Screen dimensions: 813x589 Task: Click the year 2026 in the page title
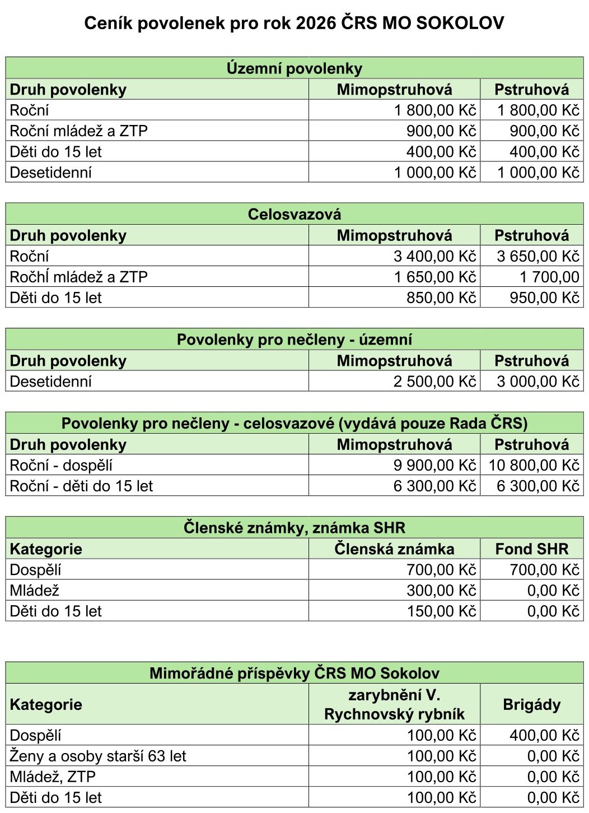[x=316, y=23]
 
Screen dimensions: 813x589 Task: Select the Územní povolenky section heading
[x=294, y=68]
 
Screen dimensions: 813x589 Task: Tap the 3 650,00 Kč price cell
[x=537, y=256]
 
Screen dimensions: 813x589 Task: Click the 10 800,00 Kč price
[x=534, y=465]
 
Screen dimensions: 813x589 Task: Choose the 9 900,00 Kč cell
[x=434, y=465]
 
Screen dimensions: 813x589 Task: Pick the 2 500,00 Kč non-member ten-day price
[x=434, y=382]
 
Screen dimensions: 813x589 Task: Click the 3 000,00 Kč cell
[x=537, y=382]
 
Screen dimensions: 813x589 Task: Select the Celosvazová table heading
[x=294, y=214]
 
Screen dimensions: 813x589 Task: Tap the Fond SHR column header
[x=531, y=549]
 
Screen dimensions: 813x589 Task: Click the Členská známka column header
[x=394, y=549]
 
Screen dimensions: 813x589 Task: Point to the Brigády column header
[x=531, y=704]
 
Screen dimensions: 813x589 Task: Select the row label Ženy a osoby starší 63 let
[x=98, y=756]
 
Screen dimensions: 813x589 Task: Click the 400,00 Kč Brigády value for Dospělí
[x=544, y=735]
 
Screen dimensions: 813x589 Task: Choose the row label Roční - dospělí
[x=61, y=465]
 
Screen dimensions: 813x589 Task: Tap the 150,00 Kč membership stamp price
[x=441, y=611]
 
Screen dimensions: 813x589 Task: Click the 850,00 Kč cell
[x=441, y=298]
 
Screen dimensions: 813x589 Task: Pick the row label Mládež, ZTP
[x=53, y=777]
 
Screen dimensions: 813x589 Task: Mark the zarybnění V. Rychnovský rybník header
[x=394, y=704]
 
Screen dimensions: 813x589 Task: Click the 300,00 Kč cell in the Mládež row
[x=441, y=591]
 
